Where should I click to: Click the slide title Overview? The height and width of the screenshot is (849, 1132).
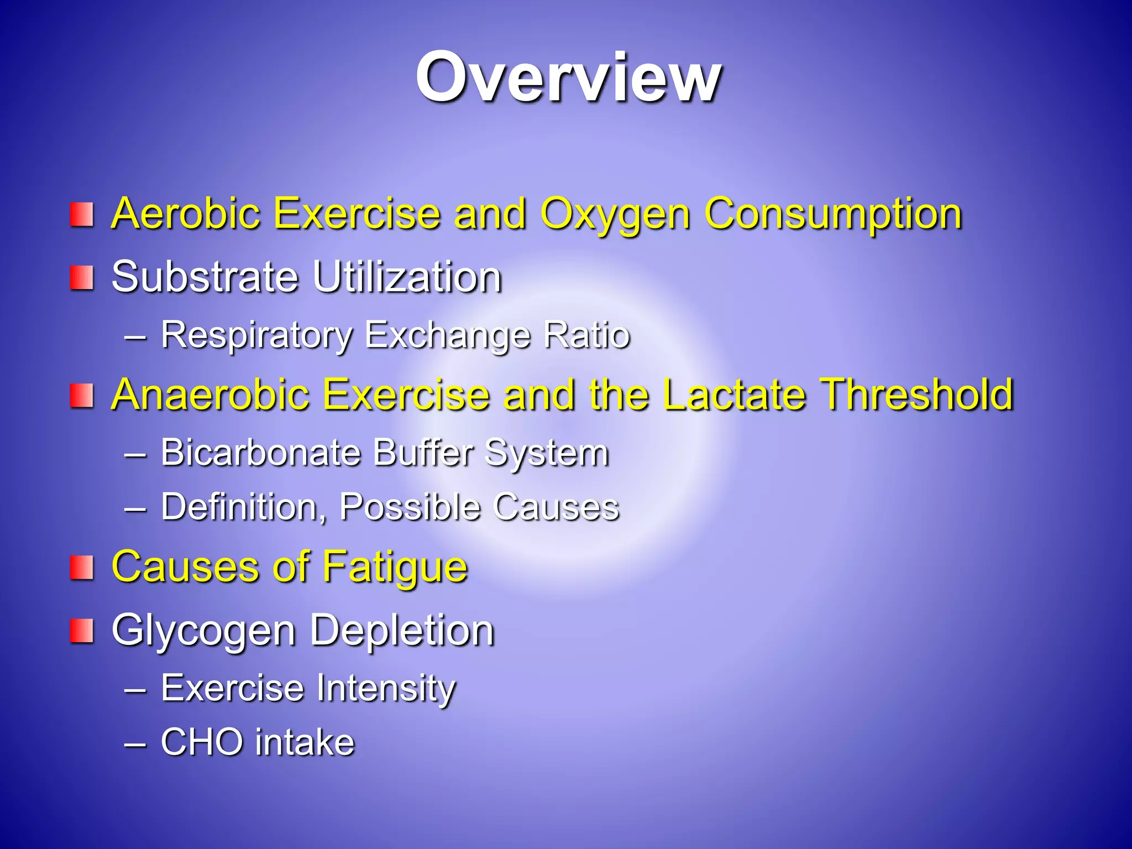pos(568,77)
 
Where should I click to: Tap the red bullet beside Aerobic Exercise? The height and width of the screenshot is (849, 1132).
pos(81,214)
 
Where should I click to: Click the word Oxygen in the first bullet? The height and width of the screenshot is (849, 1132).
pos(615,214)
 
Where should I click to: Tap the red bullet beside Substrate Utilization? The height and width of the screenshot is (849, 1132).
pos(81,277)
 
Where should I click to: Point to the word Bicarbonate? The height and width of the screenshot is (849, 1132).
pos(260,453)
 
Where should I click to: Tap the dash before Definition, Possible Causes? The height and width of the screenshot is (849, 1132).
pos(136,507)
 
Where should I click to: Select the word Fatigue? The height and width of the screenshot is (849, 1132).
pos(395,568)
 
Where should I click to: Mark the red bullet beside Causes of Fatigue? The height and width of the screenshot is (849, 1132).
pos(81,568)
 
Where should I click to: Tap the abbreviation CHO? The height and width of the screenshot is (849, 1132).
pos(202,742)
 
